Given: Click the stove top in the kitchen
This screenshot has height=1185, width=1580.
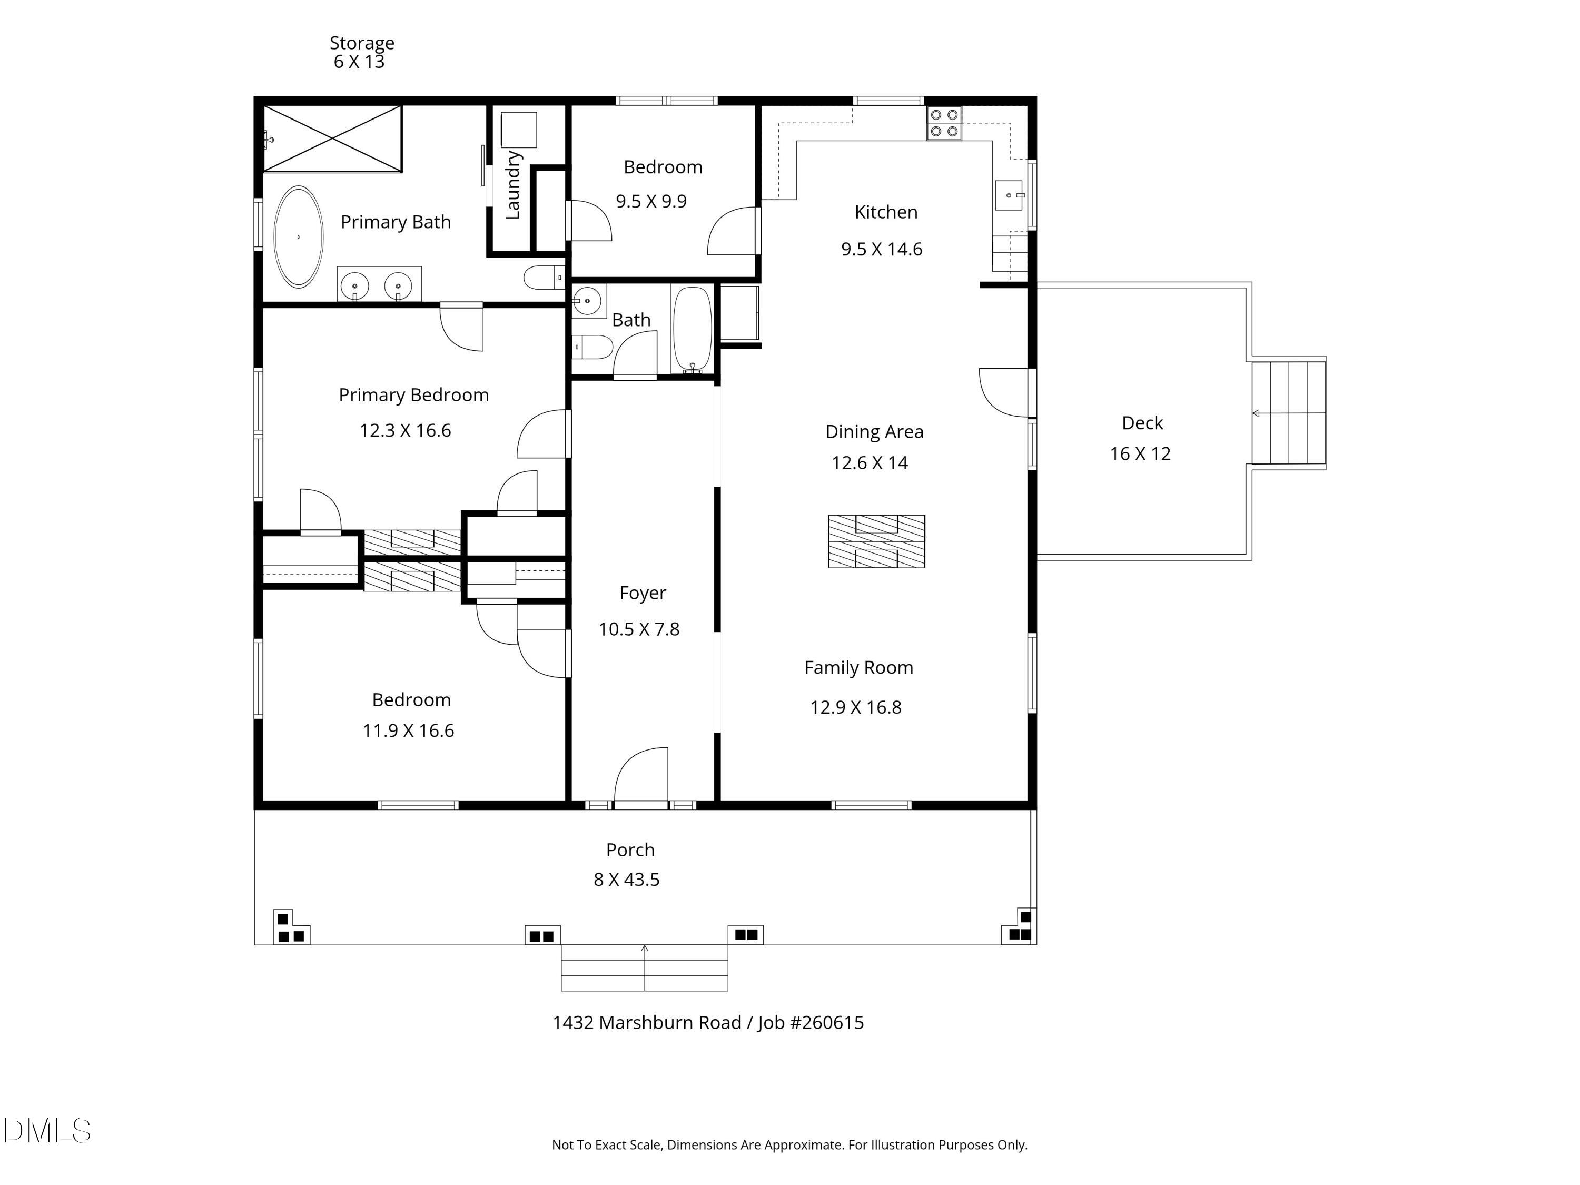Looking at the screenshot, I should pyautogui.click(x=944, y=123).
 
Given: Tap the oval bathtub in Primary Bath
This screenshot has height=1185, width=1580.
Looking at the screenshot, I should pyautogui.click(x=299, y=236).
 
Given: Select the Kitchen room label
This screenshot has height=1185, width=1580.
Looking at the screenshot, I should pyautogui.click(x=886, y=212).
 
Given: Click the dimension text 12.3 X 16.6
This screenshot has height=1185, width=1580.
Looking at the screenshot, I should pyautogui.click(x=405, y=431).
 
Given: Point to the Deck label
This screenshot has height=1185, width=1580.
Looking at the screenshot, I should pyautogui.click(x=1142, y=423).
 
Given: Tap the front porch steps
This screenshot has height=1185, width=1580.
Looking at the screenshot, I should pyautogui.click(x=644, y=968).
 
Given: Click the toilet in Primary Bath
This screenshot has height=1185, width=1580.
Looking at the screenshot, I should pyautogui.click(x=544, y=277).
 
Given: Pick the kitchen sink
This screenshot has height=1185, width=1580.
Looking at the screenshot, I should pyautogui.click(x=1009, y=195).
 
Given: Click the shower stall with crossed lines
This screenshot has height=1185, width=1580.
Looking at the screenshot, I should pyautogui.click(x=333, y=139).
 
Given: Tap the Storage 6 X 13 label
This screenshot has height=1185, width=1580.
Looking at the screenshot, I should pyautogui.click(x=361, y=52).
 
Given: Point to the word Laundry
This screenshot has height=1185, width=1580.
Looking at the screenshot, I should pyautogui.click(x=513, y=185).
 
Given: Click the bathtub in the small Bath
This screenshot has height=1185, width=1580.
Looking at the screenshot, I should pyautogui.click(x=692, y=328).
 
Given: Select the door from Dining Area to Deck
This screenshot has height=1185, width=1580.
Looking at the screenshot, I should pyautogui.click(x=1004, y=392).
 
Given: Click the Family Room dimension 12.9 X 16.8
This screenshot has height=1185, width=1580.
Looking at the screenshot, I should pyautogui.click(x=856, y=707).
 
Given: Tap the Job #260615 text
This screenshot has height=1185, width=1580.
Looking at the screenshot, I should pyautogui.click(x=811, y=1022).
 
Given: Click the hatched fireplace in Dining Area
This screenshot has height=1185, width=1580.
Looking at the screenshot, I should pyautogui.click(x=876, y=541).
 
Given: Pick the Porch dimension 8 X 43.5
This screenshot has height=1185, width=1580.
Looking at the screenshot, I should pyautogui.click(x=626, y=880).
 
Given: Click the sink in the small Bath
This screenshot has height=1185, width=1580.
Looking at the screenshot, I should pyautogui.click(x=587, y=301).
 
